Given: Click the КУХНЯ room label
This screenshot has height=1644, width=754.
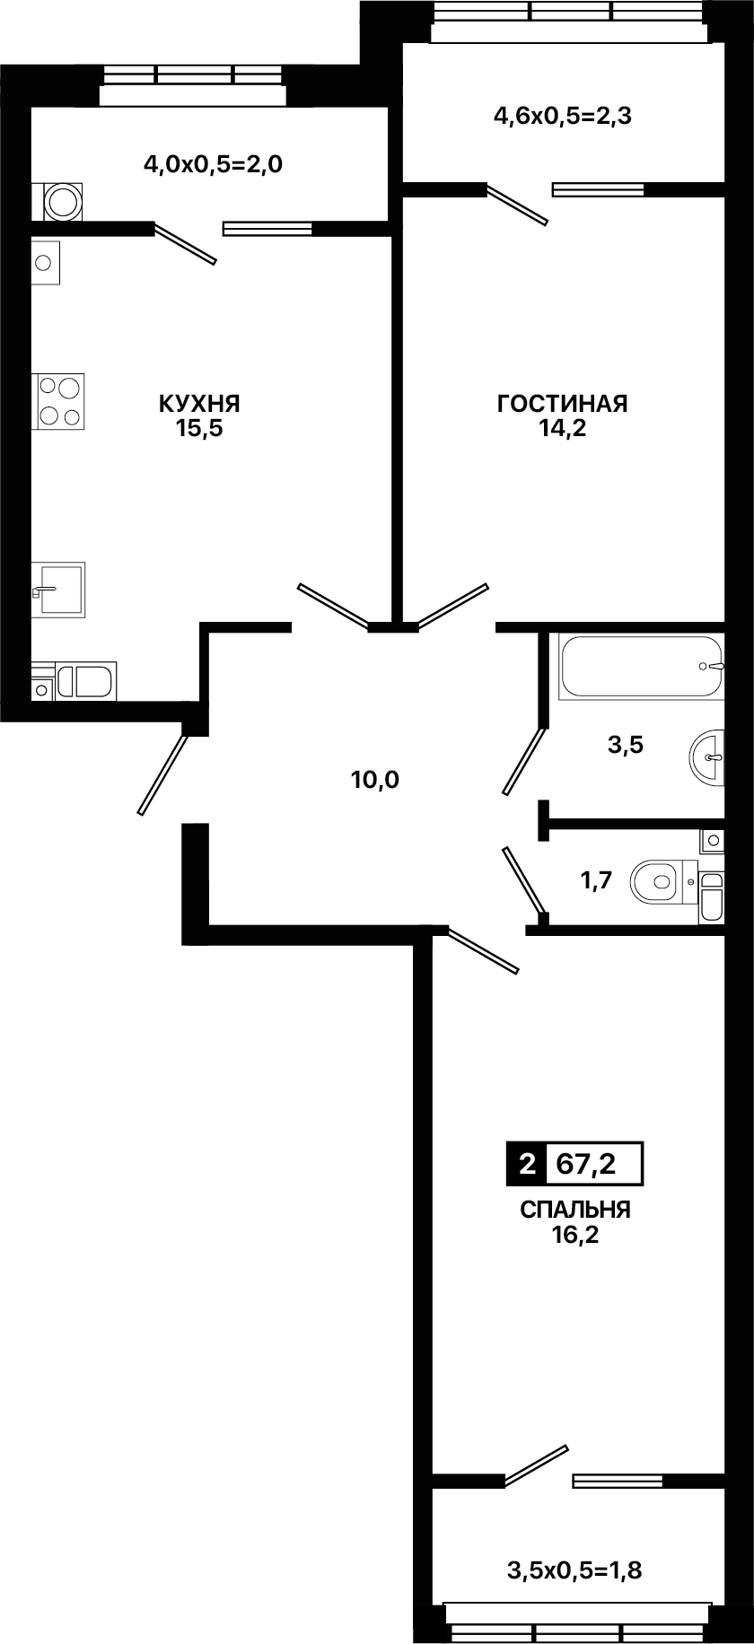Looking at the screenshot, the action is click(x=199, y=404).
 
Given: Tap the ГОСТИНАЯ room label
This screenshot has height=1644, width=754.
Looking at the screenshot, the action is click(x=562, y=404).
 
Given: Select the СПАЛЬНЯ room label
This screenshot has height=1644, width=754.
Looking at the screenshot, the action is click(x=575, y=1210).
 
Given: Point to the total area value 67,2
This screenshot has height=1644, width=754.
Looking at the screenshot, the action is click(x=586, y=1164).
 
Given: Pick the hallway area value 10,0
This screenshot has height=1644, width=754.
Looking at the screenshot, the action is click(x=375, y=779).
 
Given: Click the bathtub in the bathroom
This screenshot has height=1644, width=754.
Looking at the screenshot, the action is click(x=640, y=667).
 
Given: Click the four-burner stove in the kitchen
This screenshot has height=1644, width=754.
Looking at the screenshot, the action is click(x=59, y=401).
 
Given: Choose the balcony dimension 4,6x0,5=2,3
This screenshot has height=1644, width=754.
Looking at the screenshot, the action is click(x=563, y=116).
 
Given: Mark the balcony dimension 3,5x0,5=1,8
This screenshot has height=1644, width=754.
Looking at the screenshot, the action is click(x=575, y=1570).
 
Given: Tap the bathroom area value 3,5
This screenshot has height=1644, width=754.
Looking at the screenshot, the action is click(x=626, y=744).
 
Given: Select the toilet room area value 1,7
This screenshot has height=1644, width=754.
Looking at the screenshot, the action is click(x=597, y=880).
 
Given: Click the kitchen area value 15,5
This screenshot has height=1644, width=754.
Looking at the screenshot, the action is click(x=199, y=428).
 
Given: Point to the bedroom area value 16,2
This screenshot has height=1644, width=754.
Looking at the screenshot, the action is click(x=575, y=1235).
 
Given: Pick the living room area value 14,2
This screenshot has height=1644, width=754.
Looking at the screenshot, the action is click(x=562, y=428).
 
